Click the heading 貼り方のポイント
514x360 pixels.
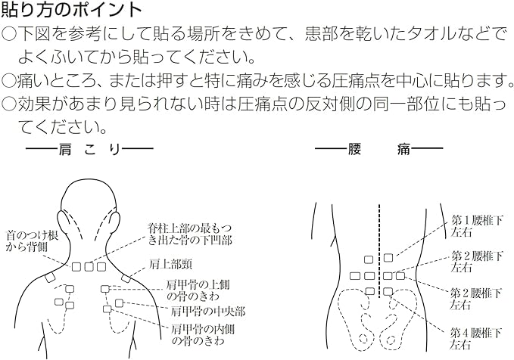tap(72, 10)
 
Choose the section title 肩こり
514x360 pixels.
tap(89, 150)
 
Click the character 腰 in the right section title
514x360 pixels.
tap(354, 150)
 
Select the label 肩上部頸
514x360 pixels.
tap(170, 265)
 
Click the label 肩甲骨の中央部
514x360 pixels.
tap(207, 311)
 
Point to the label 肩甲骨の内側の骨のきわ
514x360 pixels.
tap(203, 334)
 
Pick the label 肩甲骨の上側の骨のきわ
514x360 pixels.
tap(198, 290)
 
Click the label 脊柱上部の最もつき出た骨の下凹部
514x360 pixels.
tap(190, 234)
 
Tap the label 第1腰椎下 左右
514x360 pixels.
tap(476, 226)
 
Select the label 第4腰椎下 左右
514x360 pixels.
tap(476, 339)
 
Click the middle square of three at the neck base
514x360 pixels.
tap(89, 267)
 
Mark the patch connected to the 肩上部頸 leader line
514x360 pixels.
tap(126, 279)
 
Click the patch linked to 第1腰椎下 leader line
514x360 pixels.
tap(388, 258)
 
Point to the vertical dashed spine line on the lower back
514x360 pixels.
tap(379, 251)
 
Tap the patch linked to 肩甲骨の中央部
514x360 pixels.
tap(119, 303)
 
